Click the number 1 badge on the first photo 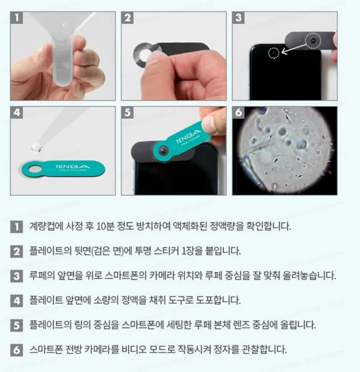[16, 18]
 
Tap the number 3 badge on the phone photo [239, 18]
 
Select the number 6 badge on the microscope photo [239, 113]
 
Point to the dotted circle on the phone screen [274, 53]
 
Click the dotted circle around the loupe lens [313, 41]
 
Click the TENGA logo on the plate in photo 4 [73, 168]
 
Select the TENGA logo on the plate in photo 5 [189, 137]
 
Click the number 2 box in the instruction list [16, 251]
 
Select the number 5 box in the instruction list [16, 325]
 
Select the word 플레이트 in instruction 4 [46, 300]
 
